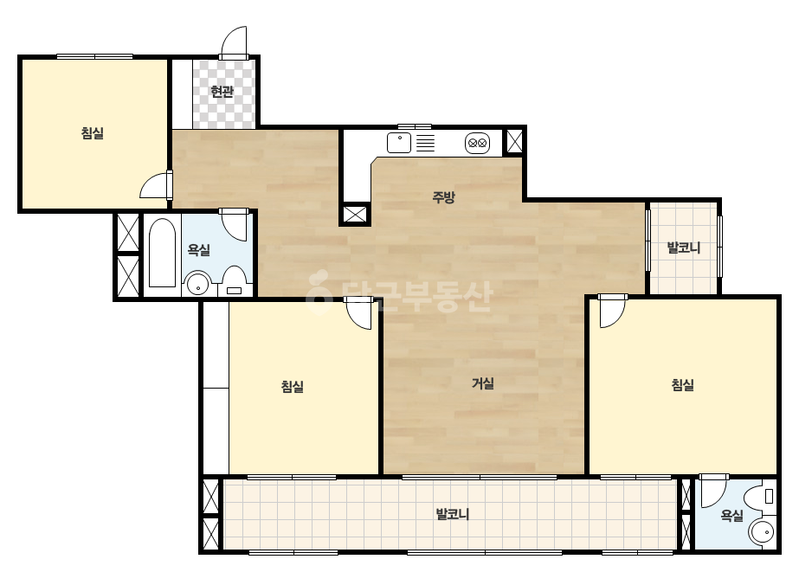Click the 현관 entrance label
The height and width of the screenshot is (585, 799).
click(222, 92)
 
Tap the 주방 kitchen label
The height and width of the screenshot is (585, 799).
click(443, 197)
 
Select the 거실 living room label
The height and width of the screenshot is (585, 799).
click(482, 383)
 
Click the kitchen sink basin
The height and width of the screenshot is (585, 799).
click(399, 143)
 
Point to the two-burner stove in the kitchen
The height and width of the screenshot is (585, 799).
click(478, 143)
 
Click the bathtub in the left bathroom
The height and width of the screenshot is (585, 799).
click(162, 253)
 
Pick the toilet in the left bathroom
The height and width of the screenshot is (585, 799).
click(235, 280)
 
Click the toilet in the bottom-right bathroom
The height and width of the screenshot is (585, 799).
click(761, 496)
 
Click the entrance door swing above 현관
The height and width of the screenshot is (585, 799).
click(234, 42)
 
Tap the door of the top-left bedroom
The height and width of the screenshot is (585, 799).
click(156, 185)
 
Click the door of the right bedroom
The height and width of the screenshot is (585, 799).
click(613, 312)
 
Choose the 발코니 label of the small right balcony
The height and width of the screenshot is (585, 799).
click(684, 248)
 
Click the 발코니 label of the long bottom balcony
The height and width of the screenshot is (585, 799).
click(453, 514)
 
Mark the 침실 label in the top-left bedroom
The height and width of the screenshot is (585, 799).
click(93, 133)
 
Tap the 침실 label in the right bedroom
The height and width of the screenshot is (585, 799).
click(683, 385)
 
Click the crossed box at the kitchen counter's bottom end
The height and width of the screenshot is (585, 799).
click(355, 214)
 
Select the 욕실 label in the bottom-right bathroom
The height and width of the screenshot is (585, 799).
click(731, 517)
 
